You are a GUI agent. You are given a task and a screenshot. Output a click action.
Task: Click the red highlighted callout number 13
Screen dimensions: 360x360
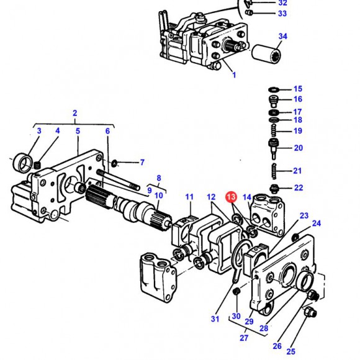coord(231,197)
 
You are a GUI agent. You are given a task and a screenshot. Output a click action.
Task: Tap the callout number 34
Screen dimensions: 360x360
coord(283,36)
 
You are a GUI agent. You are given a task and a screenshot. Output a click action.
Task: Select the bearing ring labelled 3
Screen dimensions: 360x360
coord(22,163)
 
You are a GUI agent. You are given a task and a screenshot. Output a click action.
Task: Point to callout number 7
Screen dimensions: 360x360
coord(142,163)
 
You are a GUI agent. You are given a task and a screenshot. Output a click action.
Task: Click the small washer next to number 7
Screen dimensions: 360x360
coord(114,163)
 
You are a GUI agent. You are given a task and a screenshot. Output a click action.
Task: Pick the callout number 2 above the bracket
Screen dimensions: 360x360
coord(75,113)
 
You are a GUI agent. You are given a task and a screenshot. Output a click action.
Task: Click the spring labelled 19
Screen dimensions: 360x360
coord(274,130)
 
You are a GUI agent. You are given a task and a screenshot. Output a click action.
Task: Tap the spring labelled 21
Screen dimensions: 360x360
coord(274,171)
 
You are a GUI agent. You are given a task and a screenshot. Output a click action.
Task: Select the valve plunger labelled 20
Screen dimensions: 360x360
coord(274,148)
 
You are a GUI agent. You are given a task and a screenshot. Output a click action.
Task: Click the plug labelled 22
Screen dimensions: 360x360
coord(274,189)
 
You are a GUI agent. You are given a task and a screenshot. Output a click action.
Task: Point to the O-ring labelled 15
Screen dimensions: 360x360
coord(274,89)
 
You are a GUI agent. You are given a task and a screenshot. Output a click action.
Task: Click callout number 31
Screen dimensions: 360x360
coord(215,319)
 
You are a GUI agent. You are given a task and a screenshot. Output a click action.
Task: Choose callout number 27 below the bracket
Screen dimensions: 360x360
coord(244,338)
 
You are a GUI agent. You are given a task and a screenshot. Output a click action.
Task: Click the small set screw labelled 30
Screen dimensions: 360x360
coord(236,292)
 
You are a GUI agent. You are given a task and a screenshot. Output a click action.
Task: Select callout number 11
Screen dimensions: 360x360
coord(189,197)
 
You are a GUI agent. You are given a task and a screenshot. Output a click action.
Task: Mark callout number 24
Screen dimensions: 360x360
coord(317,223)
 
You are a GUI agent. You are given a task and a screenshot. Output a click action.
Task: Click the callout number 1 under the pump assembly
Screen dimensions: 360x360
coord(234,75)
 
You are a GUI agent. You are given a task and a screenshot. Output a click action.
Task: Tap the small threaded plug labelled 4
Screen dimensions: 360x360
coord(37,165)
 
